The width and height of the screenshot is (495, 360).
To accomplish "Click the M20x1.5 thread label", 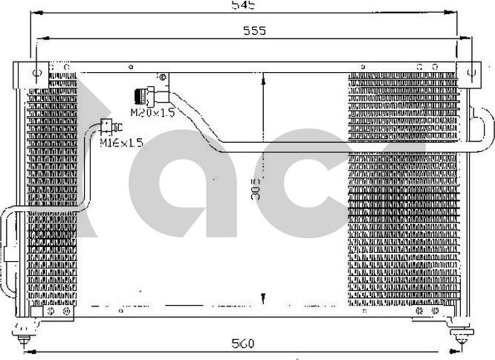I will pos(152,113).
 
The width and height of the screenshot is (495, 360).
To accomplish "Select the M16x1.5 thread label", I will pos(121,141).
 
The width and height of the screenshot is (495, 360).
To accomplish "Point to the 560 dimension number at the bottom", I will pos(242,343).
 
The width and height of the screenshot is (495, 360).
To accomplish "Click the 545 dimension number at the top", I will pos(243,5).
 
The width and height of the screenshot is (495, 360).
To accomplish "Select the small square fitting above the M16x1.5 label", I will pos(107,126).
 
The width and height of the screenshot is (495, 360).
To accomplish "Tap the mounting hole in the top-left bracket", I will pos(36,71).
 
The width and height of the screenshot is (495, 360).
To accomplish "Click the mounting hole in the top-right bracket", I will pos(470,72).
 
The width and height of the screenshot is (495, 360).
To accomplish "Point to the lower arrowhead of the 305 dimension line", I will pos(263,299).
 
